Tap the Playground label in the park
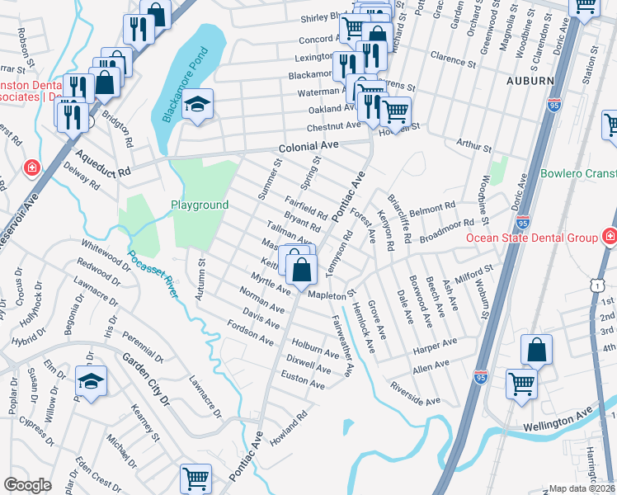(199, 205)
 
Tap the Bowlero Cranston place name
(578, 174)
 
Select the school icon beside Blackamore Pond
(197, 105)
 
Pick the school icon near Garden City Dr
(91, 380)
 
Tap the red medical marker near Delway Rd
(32, 167)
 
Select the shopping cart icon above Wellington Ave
(521, 383)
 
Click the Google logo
(27, 484)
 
